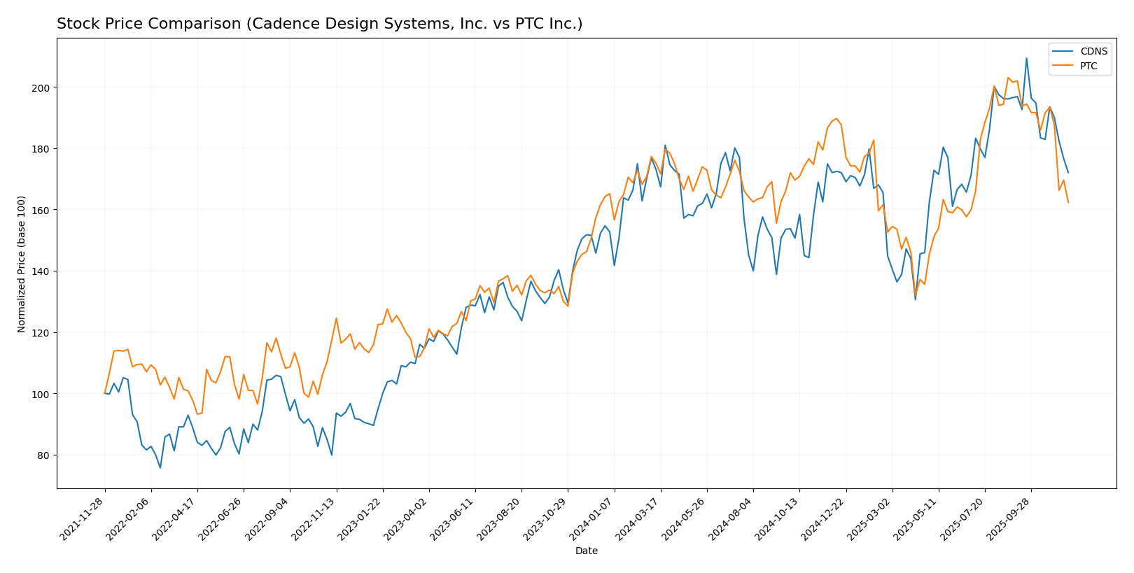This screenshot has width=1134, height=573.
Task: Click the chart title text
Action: (319, 24)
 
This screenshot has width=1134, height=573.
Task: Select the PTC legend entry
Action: (1088, 66)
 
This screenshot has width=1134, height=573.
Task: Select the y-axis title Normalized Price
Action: (22, 264)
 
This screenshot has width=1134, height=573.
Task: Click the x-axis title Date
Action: (586, 551)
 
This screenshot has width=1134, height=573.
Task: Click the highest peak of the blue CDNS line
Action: (1026, 58)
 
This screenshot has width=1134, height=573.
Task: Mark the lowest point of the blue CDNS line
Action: (160, 467)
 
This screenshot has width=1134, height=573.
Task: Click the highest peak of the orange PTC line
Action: (1008, 78)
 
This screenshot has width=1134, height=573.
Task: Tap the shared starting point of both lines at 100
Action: (105, 393)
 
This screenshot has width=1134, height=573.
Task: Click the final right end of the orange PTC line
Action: (1068, 202)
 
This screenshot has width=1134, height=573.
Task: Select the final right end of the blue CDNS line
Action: (1068, 172)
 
